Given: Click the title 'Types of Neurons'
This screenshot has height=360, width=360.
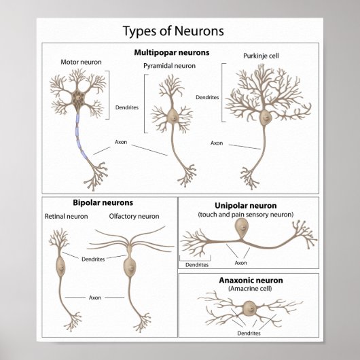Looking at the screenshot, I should pyautogui.click(x=173, y=31).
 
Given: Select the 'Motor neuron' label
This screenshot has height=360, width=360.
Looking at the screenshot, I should pyautogui.click(x=81, y=62).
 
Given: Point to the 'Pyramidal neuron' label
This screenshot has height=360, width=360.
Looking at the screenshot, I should pyautogui.click(x=169, y=66).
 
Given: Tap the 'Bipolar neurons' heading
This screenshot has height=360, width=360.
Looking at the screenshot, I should pyautogui.click(x=103, y=202).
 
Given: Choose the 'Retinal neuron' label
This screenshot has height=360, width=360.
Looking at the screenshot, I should pyautogui.click(x=67, y=217).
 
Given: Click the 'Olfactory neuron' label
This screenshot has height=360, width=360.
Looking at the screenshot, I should pyautogui.click(x=134, y=217).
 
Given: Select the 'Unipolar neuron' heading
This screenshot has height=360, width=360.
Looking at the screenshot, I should pyautogui.click(x=246, y=205).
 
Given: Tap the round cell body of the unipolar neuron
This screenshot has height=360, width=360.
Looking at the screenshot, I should pyautogui.click(x=241, y=230).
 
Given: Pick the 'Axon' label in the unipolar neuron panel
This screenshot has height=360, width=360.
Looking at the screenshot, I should pyautogui.click(x=240, y=263).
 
